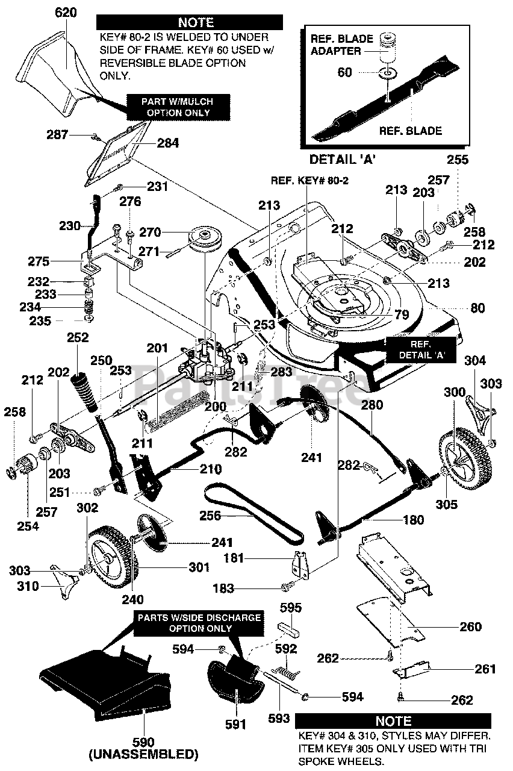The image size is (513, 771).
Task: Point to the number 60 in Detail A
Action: pos(344,73)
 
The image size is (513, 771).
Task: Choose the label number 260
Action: pos(470,627)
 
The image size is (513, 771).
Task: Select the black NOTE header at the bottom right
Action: pos(393,720)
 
